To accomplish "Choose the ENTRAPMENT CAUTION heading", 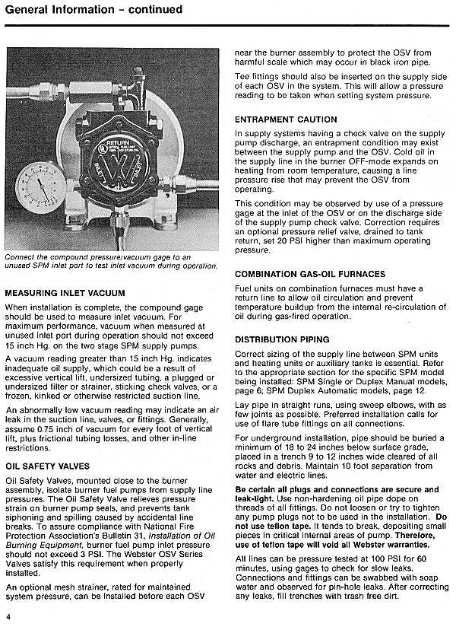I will coord(286,119).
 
